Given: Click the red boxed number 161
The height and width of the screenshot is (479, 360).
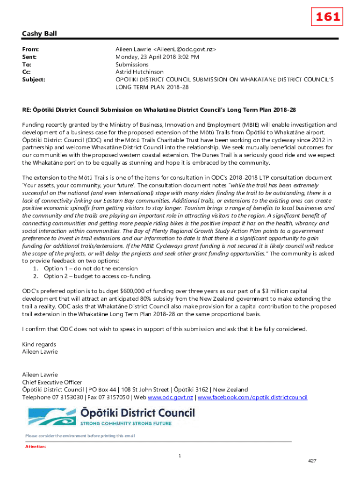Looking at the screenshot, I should (328, 17).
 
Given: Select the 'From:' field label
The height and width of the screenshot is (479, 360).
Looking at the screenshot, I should (30, 49).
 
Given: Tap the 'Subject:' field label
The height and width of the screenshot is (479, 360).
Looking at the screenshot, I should (34, 80).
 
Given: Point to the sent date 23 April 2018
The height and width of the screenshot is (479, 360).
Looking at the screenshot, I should (160, 57).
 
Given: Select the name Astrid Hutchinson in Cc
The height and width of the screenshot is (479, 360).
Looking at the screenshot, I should (139, 72).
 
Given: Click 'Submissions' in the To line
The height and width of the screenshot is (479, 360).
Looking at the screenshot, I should (132, 65).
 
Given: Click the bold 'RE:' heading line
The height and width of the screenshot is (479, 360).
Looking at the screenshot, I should (159, 109).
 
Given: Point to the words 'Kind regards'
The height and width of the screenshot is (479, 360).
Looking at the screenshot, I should (39, 344).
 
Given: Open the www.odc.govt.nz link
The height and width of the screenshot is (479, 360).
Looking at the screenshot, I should (170, 398).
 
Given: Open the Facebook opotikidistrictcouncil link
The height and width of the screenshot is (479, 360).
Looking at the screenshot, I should (252, 398).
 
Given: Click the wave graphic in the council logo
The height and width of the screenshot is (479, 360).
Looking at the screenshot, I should (51, 416).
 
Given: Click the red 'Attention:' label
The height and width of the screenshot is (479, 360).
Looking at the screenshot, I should (36, 447).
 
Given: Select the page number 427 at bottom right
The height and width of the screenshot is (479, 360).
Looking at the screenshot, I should (312, 461).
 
